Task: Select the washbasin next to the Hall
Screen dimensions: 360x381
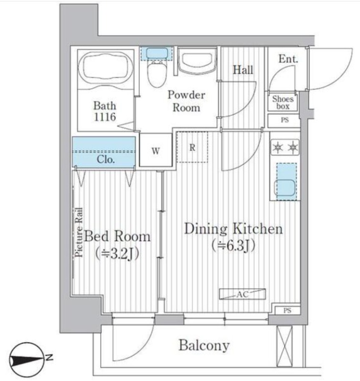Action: pos(197,61)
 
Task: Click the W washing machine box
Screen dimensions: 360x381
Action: pos(155,150)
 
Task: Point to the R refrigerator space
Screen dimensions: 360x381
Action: pos(192,147)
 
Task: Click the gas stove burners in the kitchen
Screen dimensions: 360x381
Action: pos(285,147)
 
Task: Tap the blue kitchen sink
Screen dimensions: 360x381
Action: pos(286,182)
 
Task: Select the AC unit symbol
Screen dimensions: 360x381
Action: pos(243,294)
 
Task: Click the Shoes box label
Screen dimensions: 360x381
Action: pos(283,102)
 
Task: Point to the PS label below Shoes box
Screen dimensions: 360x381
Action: pos(285,120)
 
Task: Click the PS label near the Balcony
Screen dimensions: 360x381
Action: pos(287,311)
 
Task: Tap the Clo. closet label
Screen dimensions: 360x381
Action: pos(105,160)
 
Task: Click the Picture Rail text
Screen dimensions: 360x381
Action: pos(79,232)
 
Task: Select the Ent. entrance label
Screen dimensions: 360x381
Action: pos(288,59)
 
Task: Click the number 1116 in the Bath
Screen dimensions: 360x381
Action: pos(105,117)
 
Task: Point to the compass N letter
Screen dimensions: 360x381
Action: pos(50,358)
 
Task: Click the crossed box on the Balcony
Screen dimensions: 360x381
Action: pos(285,346)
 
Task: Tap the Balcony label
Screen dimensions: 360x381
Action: pos(204,346)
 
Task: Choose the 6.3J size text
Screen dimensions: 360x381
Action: pos(233,246)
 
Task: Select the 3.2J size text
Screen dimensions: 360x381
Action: pos(117,254)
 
